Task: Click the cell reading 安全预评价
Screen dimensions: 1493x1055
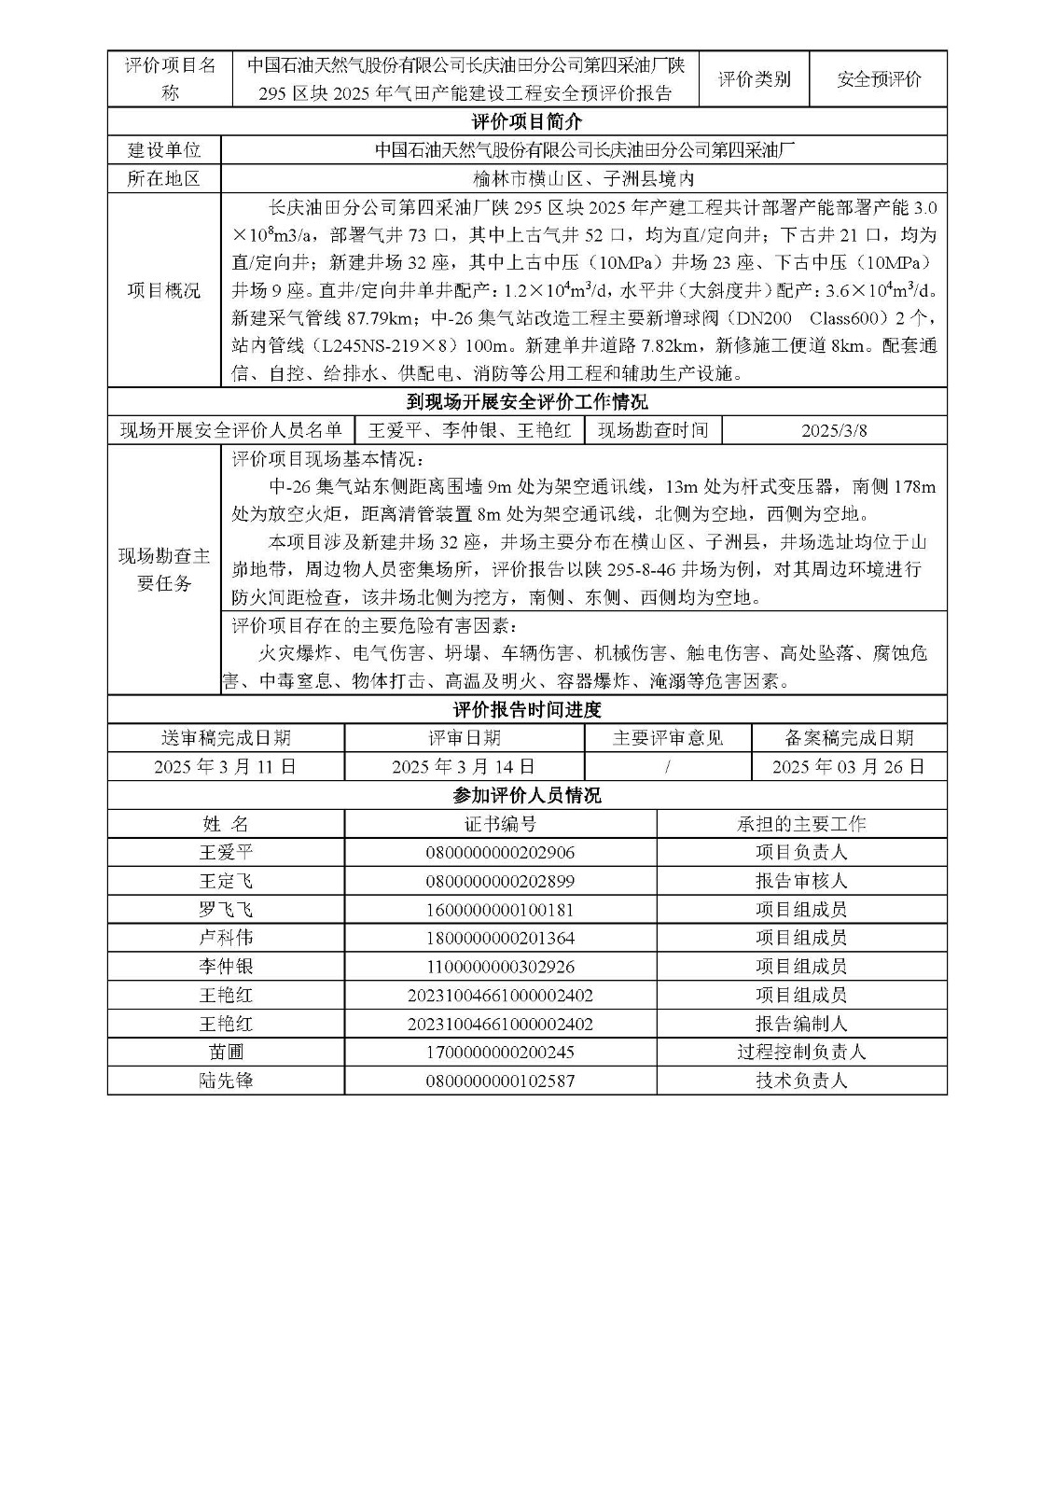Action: (879, 79)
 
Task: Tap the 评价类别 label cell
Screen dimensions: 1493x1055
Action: (754, 79)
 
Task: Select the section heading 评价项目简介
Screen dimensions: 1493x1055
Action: (527, 122)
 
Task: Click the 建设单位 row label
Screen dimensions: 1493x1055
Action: (164, 150)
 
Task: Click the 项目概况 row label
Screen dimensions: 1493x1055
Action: (164, 290)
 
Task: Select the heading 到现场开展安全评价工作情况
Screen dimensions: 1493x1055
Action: (527, 402)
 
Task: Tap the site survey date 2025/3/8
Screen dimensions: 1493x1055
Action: (834, 430)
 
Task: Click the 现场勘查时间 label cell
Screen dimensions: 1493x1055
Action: (653, 430)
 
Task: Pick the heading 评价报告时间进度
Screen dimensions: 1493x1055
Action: (527, 710)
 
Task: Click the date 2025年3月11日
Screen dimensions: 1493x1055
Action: (226, 767)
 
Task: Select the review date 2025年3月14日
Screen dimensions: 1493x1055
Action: (464, 767)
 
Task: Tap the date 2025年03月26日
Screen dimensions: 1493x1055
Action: (849, 767)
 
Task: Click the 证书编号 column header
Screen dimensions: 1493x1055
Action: (500, 824)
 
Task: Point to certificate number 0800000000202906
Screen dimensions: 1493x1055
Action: (500, 853)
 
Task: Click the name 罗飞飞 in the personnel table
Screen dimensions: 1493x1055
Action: (226, 910)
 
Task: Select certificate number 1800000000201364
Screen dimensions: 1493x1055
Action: (500, 938)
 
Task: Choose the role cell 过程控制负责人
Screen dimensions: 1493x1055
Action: (801, 1053)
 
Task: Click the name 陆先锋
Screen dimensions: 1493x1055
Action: (226, 1081)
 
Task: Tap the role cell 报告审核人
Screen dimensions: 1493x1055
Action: (801, 881)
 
